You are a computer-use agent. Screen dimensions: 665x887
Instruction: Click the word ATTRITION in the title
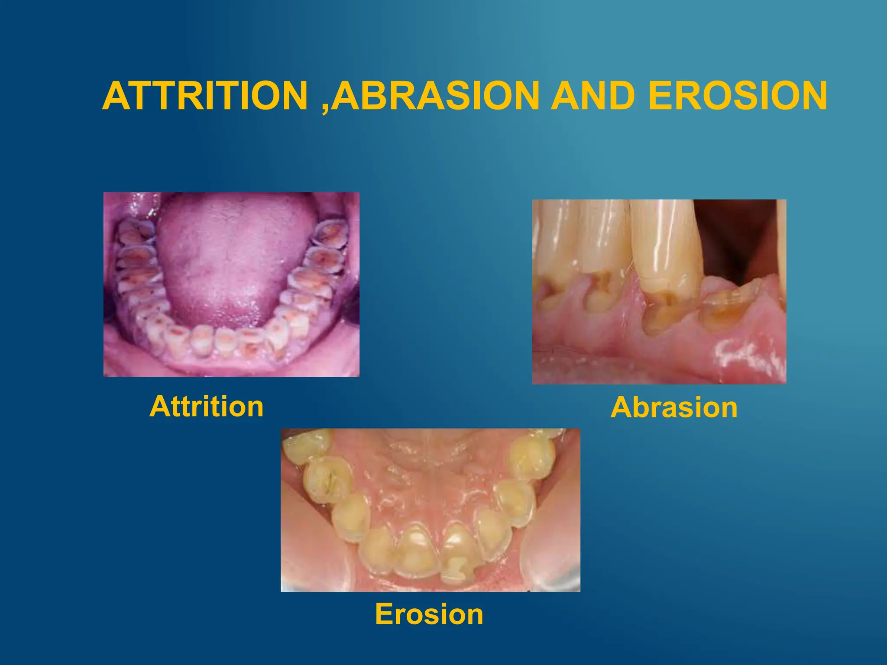point(205,96)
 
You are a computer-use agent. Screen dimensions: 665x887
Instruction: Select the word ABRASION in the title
point(436,96)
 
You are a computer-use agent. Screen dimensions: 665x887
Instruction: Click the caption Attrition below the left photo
point(207,407)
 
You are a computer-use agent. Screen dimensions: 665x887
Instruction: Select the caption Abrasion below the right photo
point(674,408)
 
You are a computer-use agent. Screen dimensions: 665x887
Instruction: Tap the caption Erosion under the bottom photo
point(429,614)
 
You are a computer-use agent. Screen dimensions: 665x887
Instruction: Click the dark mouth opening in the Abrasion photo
point(736,238)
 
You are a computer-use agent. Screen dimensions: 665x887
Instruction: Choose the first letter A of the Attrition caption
point(159,407)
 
